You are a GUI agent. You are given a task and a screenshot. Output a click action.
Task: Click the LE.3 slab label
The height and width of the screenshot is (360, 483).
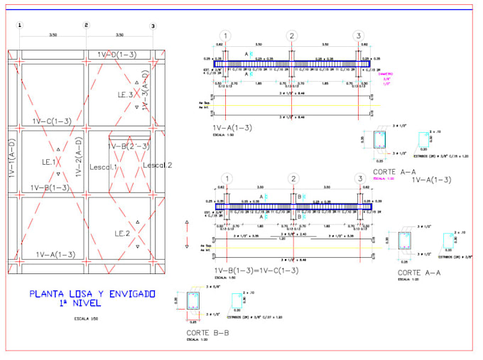pyautogui.click(x=126, y=94)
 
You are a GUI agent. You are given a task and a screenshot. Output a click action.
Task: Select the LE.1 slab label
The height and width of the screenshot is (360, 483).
pyautogui.click(x=49, y=162)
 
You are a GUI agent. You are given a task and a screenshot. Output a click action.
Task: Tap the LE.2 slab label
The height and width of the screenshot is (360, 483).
pyautogui.click(x=122, y=233)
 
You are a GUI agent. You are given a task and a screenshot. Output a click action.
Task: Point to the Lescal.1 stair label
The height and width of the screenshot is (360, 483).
pyautogui.click(x=104, y=168)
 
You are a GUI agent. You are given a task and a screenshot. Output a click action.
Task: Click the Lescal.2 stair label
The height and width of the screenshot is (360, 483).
pyautogui.click(x=157, y=165)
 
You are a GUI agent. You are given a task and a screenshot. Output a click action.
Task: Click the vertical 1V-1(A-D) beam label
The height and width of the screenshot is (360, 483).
pyautogui.click(x=12, y=165)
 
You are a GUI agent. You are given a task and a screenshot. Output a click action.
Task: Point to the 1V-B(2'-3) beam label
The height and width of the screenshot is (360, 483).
pyautogui.click(x=129, y=146)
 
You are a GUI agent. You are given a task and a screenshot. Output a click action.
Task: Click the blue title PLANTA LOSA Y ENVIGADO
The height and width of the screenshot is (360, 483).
pyautogui.click(x=92, y=293)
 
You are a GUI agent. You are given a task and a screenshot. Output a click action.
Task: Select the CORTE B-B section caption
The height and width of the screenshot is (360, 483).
pyautogui.click(x=207, y=332)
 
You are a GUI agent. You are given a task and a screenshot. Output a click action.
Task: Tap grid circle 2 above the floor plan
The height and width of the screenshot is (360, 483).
pyautogui.click(x=87, y=26)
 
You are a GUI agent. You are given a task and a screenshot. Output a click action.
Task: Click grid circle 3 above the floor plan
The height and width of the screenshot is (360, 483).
pyautogui.click(x=153, y=26)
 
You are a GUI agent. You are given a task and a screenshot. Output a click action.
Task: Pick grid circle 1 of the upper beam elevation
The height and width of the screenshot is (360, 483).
pyautogui.click(x=225, y=36)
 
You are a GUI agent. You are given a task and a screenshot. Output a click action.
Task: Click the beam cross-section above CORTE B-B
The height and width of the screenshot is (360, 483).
pyautogui.click(x=194, y=301)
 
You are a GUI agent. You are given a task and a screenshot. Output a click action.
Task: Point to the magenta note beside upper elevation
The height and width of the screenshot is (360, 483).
pyautogui.click(x=386, y=78)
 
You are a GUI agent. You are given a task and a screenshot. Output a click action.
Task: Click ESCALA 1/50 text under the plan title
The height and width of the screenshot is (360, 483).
pyautogui.click(x=86, y=319)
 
